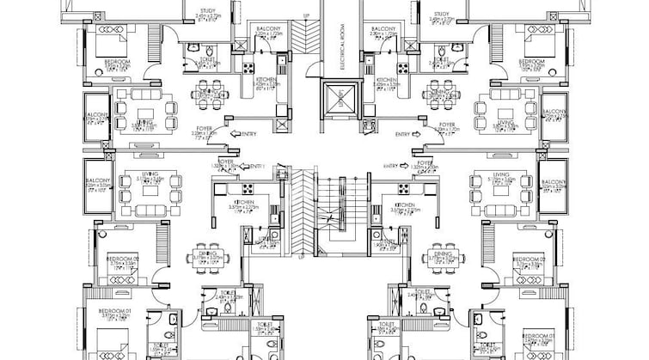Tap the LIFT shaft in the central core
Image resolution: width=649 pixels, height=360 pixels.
click(340, 97)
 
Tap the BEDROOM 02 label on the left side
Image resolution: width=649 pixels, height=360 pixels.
click(122, 259)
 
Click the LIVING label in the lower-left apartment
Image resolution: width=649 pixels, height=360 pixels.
click(151, 174)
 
